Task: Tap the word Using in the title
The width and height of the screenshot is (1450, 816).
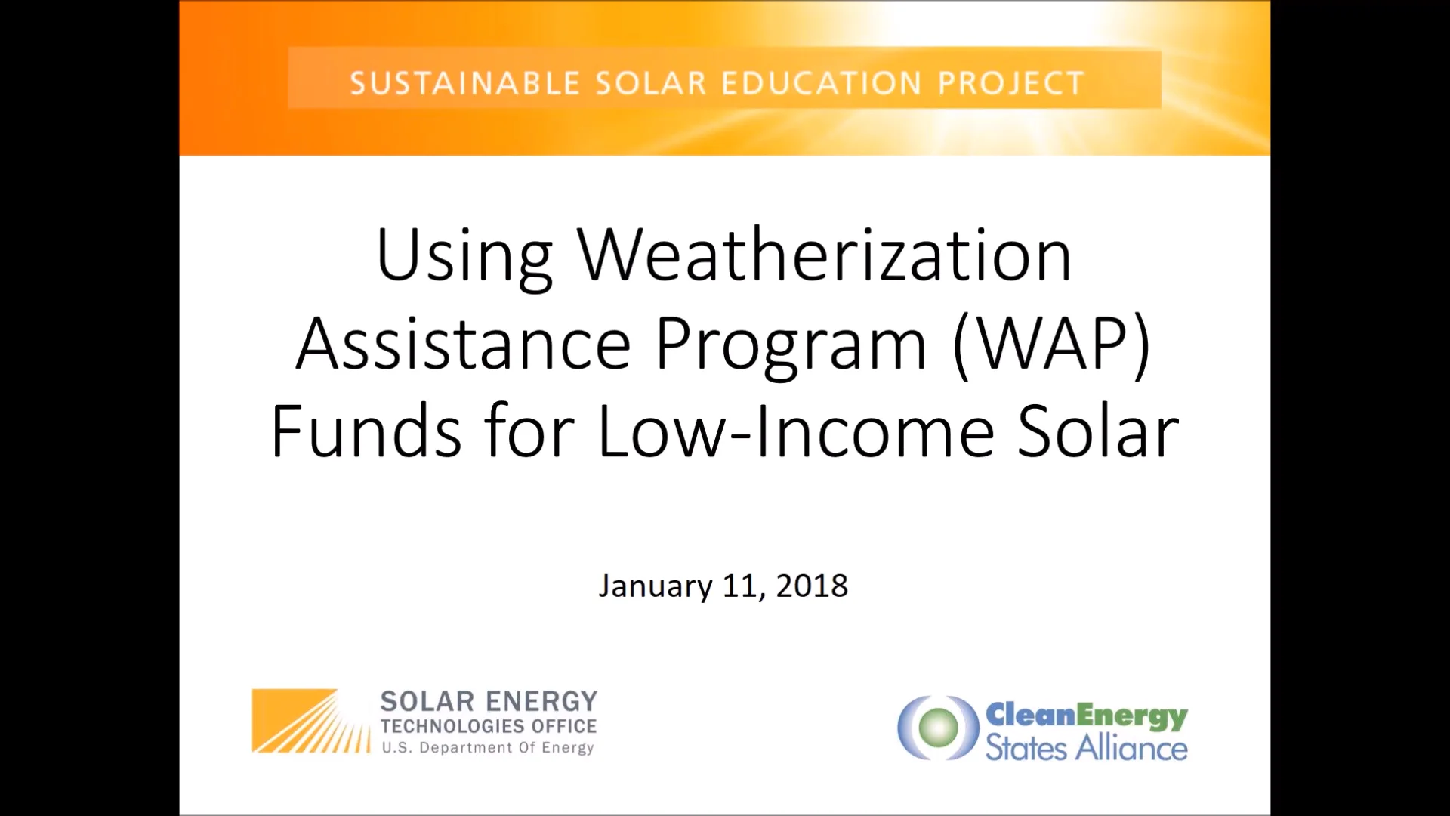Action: tap(464, 257)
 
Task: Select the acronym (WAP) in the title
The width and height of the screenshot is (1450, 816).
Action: tap(1052, 344)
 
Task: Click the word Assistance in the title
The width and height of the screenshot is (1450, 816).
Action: tap(463, 344)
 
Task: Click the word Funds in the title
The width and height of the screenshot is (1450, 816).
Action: tap(366, 431)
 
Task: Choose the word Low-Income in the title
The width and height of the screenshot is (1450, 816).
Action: tap(795, 431)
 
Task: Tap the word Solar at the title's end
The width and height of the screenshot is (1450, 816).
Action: tap(1098, 431)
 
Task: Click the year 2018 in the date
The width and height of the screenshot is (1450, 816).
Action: tap(812, 586)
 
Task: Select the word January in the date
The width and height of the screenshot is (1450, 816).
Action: tap(655, 586)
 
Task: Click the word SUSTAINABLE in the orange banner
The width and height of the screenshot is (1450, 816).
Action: tap(464, 83)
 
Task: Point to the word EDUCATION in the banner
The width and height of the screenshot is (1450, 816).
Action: tap(822, 83)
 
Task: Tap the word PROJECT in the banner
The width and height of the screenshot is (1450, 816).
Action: tap(1011, 83)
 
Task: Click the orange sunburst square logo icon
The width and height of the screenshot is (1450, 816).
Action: tap(310, 721)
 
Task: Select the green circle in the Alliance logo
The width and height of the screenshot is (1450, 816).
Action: tap(939, 727)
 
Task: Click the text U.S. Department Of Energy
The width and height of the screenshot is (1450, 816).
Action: tap(488, 748)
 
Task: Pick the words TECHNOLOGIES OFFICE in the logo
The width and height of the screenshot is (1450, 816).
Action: tap(488, 726)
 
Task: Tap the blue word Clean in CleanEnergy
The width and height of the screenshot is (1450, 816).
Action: tap(1030, 714)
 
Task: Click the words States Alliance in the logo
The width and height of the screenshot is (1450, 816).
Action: tap(1086, 748)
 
